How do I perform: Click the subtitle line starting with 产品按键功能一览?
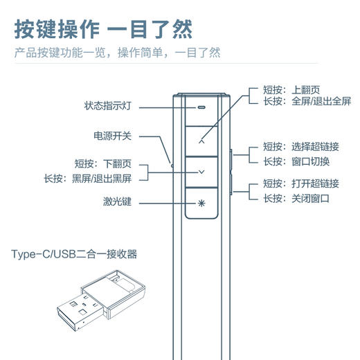[x=118, y=53]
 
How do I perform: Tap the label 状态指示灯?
[x=107, y=106]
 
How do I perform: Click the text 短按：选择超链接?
[x=300, y=147]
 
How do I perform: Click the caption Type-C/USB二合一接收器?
[x=74, y=254]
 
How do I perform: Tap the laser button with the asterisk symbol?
[x=201, y=203]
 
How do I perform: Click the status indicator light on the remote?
[x=201, y=108]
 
